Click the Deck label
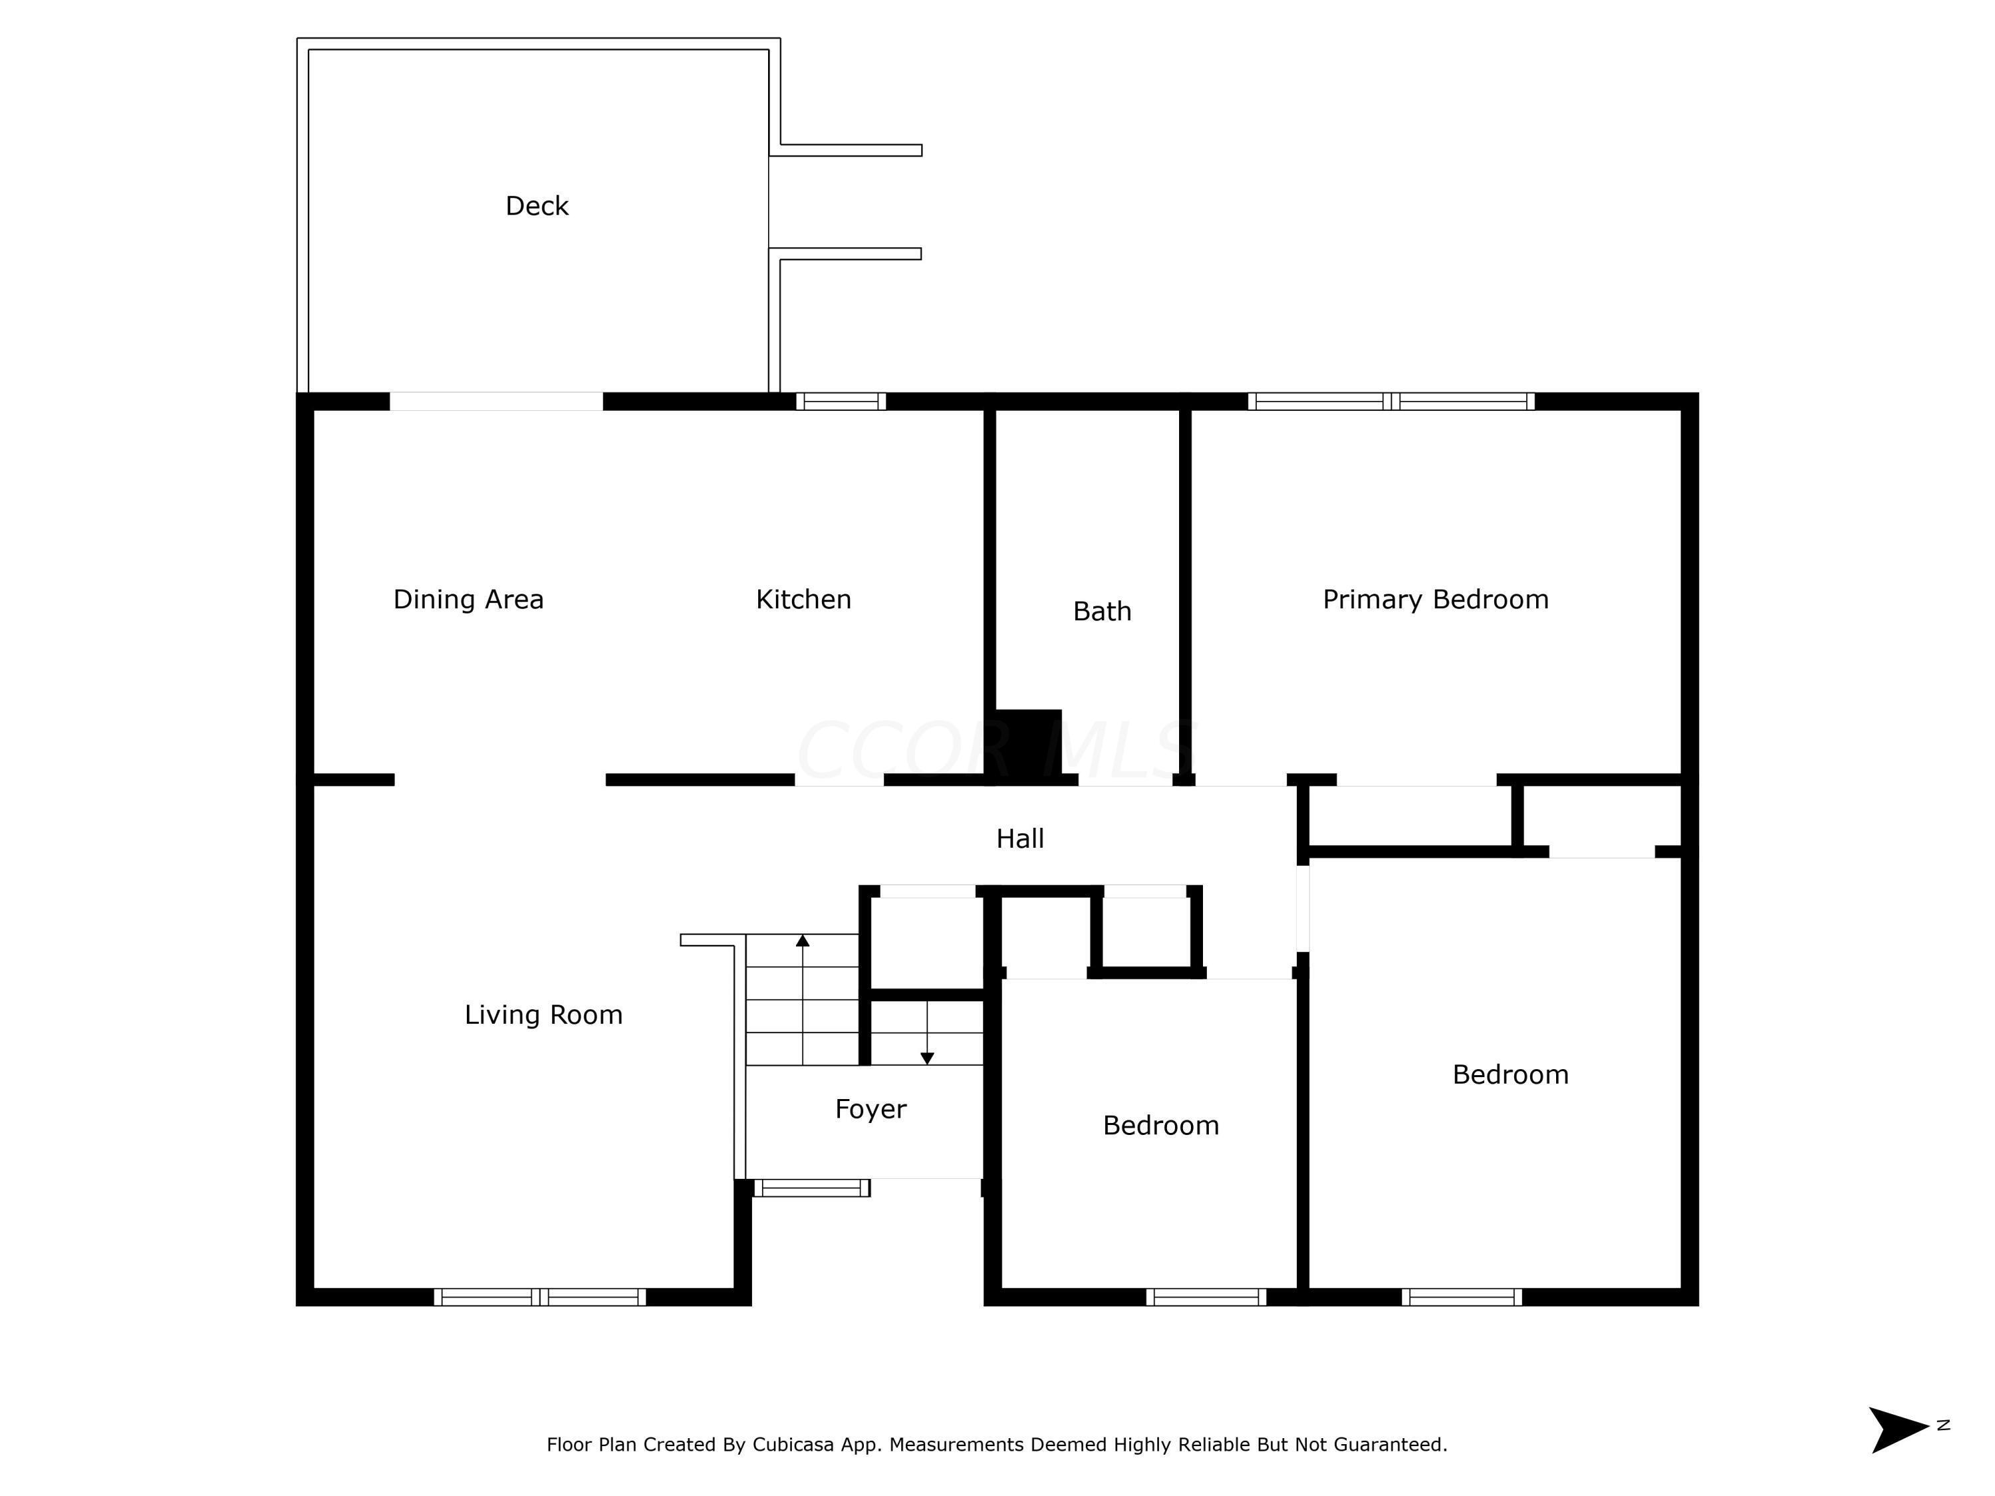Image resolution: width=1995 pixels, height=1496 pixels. tap(537, 207)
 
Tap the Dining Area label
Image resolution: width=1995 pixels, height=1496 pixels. tap(468, 600)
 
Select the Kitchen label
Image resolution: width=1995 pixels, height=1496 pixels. tap(803, 600)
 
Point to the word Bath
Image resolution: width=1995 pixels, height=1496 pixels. tap(1101, 612)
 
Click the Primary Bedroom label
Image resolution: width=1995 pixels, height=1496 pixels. tap(1435, 600)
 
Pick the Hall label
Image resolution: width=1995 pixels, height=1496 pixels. tap(1019, 838)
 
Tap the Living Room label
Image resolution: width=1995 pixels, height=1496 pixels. tap(543, 1015)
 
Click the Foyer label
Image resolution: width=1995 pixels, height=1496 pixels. tap(870, 1108)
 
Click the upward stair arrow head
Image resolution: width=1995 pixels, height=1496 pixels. tap(803, 941)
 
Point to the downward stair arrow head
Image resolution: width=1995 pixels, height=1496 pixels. tap(926, 1059)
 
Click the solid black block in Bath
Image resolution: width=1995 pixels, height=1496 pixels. tap(1028, 743)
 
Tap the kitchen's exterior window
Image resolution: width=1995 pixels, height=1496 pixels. tap(841, 402)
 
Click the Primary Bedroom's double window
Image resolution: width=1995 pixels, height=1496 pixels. tap(1391, 402)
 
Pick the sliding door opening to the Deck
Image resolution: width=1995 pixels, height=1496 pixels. tap(496, 402)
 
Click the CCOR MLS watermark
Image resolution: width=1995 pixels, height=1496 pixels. tap(992, 749)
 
